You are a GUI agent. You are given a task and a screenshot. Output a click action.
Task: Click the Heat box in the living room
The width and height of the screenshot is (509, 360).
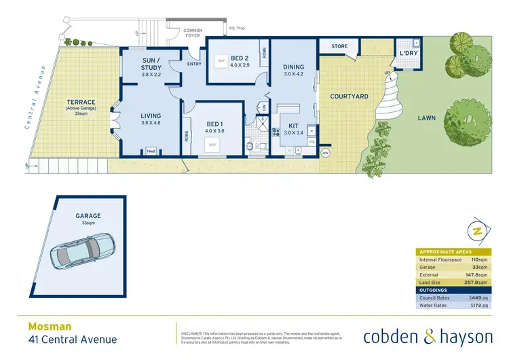(151, 151)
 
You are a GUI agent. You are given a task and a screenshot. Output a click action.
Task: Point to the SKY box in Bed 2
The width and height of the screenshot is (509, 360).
(221, 61)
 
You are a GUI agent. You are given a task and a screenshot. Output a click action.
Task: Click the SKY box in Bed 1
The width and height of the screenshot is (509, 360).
(212, 145)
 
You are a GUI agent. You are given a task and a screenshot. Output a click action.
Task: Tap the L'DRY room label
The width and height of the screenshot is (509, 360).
(407, 52)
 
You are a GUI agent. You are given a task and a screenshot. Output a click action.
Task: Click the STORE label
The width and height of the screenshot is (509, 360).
(339, 47)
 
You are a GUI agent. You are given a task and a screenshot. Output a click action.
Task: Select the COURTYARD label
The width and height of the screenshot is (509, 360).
(349, 96)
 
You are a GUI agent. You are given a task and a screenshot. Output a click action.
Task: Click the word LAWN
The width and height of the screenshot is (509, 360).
(426, 118)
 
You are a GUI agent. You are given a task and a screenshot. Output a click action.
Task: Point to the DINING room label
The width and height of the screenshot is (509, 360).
(293, 67)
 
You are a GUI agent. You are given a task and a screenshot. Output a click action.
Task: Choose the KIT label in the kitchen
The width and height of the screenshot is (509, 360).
(294, 126)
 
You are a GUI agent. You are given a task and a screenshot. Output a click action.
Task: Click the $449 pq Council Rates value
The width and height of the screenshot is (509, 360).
(478, 298)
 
